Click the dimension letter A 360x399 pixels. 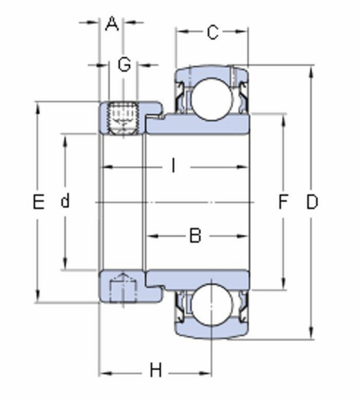click(x=112, y=24)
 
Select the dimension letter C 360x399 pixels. click(x=213, y=32)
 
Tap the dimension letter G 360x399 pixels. click(x=124, y=64)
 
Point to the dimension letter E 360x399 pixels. click(x=39, y=201)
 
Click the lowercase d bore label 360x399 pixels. click(x=65, y=201)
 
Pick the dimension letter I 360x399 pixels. click(x=173, y=165)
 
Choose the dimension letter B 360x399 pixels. click(x=196, y=235)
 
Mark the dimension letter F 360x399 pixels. click(x=283, y=201)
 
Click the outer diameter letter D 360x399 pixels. click(x=312, y=202)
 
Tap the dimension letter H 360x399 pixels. click(x=156, y=370)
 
